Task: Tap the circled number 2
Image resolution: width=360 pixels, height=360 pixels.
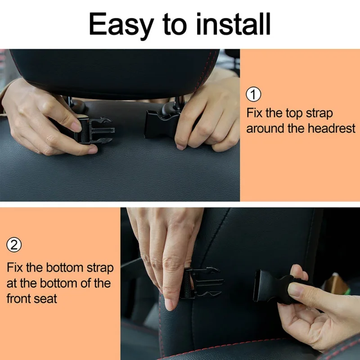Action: [x=14, y=245]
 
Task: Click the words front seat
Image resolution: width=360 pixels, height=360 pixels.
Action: [x=31, y=298]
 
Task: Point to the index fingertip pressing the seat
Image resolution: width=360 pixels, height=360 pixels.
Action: [x=170, y=305]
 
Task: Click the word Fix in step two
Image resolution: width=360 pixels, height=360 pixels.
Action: [x=16, y=268]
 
